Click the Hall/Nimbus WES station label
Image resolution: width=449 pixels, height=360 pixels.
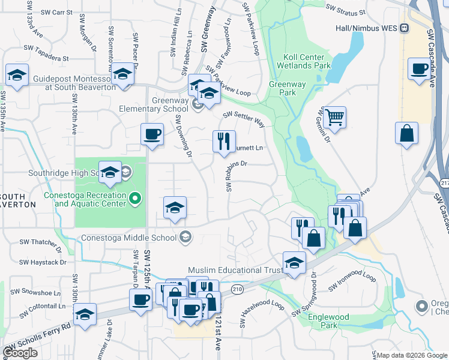pyautogui.click(x=368, y=28)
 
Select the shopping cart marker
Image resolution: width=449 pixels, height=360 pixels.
pyautogui.click(x=334, y=117)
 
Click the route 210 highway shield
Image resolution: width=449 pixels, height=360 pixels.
pyautogui.click(x=237, y=289)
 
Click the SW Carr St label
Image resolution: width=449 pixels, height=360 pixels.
pyautogui.click(x=56, y=12)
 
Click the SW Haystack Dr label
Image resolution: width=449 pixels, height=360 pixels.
pyautogui.click(x=43, y=262)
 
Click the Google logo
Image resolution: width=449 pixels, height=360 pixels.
pyautogui.click(x=20, y=353)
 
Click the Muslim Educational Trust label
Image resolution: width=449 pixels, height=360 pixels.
pyautogui.click(x=235, y=271)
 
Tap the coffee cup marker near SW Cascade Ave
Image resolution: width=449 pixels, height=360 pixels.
pyautogui.click(x=418, y=68)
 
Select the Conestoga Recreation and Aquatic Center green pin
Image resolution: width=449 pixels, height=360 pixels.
pyautogui.click(x=136, y=197)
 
